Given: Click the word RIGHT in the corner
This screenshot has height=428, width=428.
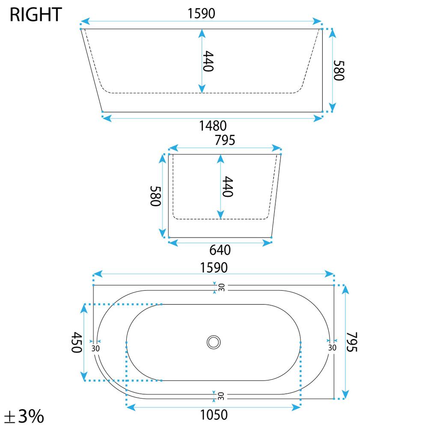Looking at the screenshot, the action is tap(36, 15).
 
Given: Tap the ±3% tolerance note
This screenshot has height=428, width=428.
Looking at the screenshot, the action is tap(24, 416).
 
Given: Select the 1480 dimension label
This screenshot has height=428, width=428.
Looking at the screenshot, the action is tap(213, 126).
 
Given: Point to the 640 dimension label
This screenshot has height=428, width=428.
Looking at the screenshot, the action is tap(220, 250).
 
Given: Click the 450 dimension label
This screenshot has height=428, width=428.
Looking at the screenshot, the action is tap(77, 342).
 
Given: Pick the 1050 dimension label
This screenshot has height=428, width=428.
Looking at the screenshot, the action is tap(214, 415).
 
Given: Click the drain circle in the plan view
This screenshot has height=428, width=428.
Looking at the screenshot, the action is tap(214, 342).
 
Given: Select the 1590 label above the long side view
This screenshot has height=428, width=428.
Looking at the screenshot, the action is tap(201, 13).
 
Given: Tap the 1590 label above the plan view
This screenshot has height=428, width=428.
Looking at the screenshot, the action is tap(214, 267).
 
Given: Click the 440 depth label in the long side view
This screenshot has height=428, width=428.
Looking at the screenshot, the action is tap(208, 61).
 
